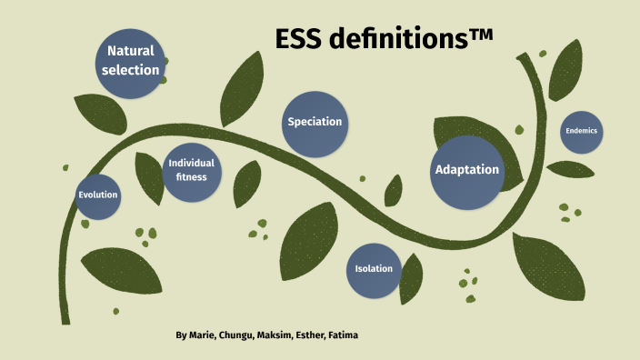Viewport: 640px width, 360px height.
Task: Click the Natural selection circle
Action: pyautogui.click(x=131, y=60)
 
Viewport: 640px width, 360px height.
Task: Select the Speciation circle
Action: pyautogui.click(x=315, y=123)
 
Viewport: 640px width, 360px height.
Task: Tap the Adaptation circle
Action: pyautogui.click(x=466, y=170)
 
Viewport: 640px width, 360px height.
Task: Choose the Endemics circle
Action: pyautogui.click(x=581, y=131)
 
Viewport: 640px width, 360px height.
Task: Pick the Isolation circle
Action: pyautogui.click(x=374, y=269)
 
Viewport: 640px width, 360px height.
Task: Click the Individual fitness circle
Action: pyautogui.click(x=191, y=170)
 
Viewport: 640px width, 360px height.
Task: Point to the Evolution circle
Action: pyautogui.click(x=97, y=195)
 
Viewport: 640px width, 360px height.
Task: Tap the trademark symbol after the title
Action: pyautogui.click(x=482, y=35)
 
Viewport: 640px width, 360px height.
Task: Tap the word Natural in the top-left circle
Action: pyautogui.click(x=131, y=51)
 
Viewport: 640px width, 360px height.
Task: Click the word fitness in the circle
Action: pyautogui.click(x=191, y=177)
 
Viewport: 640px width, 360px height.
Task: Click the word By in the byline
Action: pyautogui.click(x=181, y=335)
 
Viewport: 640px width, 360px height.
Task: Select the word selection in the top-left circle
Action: pyautogui.click(x=131, y=70)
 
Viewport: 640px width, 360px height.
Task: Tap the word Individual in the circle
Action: pyautogui.click(x=191, y=164)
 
